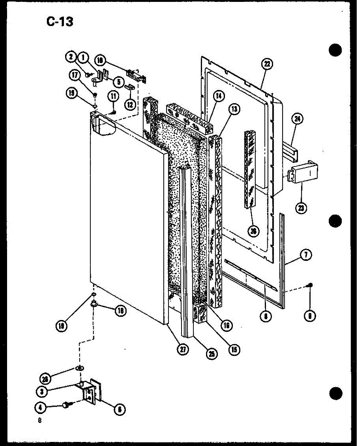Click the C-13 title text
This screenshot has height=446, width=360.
click(x=60, y=22)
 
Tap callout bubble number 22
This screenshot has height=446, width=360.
click(x=267, y=64)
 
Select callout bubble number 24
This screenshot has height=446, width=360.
click(x=298, y=119)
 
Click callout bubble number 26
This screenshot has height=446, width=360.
click(x=254, y=231)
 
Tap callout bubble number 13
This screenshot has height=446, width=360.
click(x=234, y=109)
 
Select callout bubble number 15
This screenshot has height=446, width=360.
click(x=234, y=349)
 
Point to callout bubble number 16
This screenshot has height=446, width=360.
click(x=226, y=326)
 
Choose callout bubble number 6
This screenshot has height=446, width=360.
click(x=119, y=410)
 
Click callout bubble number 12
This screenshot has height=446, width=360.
click(x=130, y=104)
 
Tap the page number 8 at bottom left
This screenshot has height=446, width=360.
click(x=38, y=421)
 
